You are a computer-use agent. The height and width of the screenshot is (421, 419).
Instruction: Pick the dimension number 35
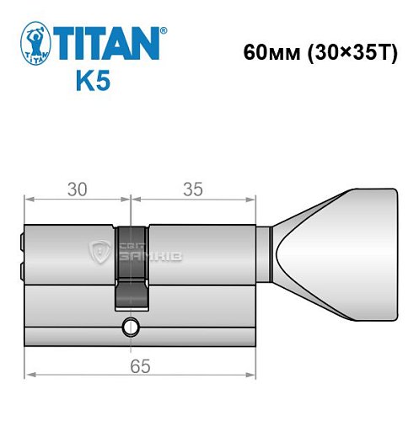(x=193, y=190)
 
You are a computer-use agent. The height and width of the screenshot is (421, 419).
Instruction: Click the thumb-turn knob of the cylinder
(x=337, y=252)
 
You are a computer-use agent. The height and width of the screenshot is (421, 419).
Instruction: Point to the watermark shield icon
(x=99, y=249)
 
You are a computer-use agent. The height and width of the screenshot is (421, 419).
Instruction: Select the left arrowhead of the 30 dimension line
(x=29, y=200)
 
